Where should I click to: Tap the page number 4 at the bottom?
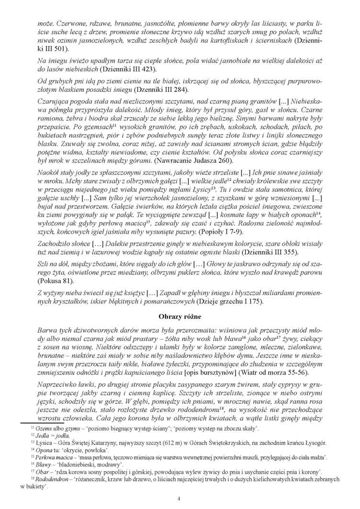[x=179, y=499]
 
